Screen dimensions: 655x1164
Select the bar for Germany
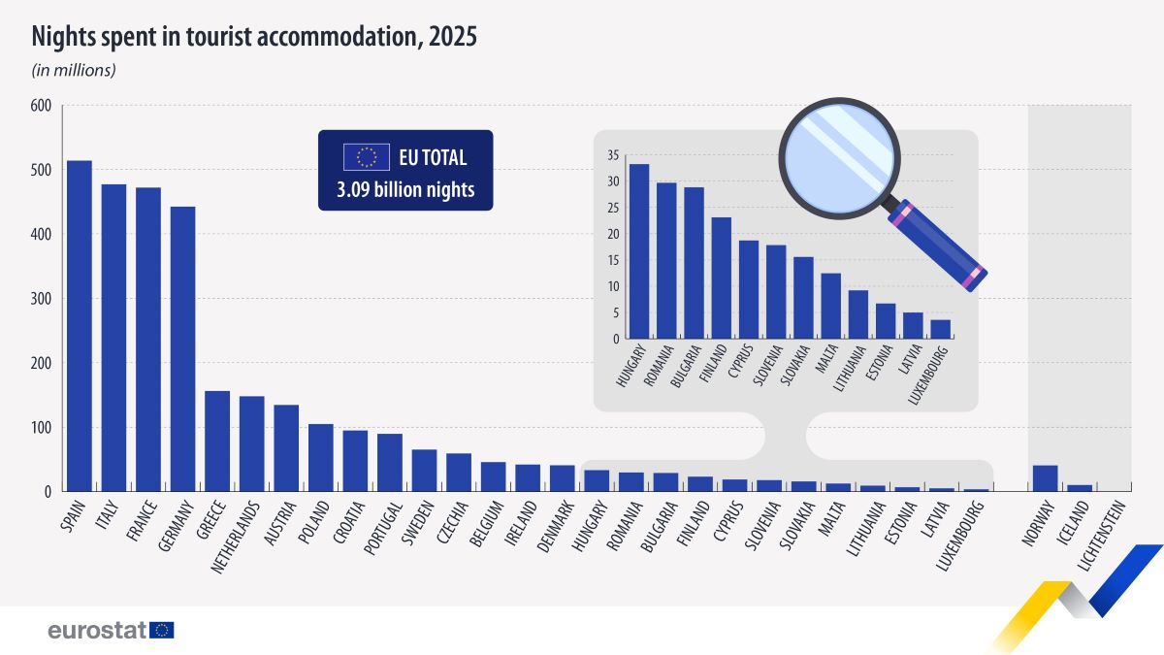click(x=182, y=349)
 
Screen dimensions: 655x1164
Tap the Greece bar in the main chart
click(x=217, y=442)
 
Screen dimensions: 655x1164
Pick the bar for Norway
click(x=1046, y=478)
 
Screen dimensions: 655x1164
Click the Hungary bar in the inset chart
click(x=639, y=251)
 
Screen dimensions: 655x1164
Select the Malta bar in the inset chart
click(x=831, y=306)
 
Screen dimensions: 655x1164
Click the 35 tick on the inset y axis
click(x=612, y=155)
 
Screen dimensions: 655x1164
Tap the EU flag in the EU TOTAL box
click(x=366, y=157)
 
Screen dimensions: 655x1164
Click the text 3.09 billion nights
click(x=405, y=190)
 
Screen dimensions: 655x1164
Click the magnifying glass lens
click(x=839, y=155)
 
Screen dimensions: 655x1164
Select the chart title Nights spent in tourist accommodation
click(x=254, y=38)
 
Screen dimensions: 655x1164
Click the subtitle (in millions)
click(x=75, y=70)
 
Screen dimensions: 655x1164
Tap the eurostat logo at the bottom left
click(x=110, y=630)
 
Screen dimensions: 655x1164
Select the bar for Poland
click(x=321, y=458)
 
